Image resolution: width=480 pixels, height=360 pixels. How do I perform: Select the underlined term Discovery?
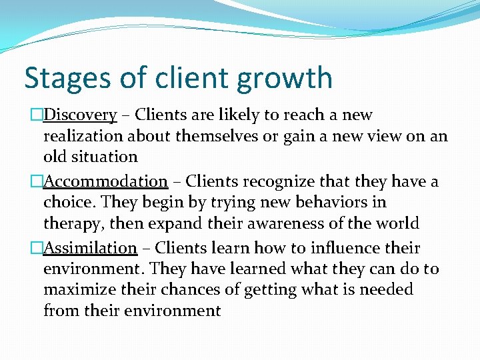pyautogui.click(x=80, y=115)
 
